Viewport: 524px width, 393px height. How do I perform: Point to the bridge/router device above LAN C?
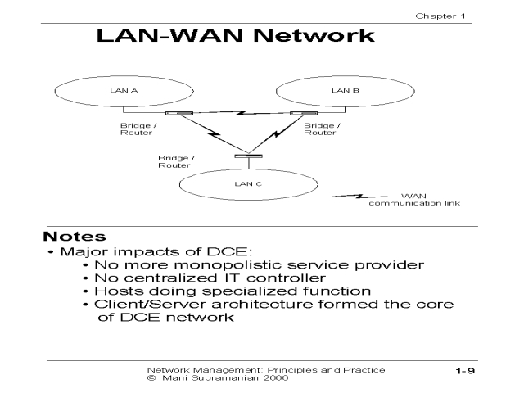pos(246,156)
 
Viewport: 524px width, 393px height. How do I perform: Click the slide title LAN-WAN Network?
pos(236,38)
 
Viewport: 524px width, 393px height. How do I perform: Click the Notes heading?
pos(75,237)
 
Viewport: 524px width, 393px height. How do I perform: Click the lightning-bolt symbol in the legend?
pos(360,196)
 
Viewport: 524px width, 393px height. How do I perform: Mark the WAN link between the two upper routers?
pos(237,113)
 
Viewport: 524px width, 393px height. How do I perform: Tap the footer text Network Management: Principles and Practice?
pos(264,369)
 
